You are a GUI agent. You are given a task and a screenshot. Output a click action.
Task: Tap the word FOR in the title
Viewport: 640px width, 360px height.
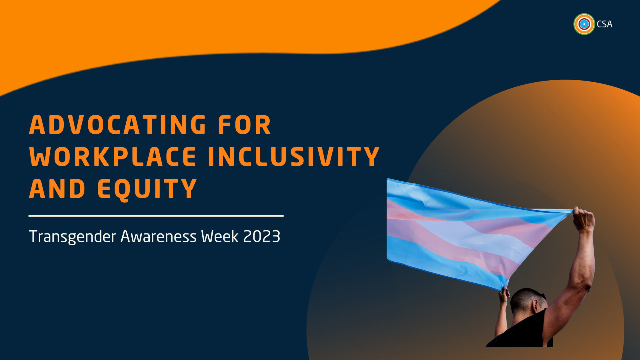click(244, 125)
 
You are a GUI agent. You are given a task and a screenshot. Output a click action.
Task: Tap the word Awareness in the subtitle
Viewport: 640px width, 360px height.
click(159, 237)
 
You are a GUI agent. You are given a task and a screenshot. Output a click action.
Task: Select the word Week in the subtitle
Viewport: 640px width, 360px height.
click(220, 237)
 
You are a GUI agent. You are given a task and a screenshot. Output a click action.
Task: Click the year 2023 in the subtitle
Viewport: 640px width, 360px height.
click(262, 237)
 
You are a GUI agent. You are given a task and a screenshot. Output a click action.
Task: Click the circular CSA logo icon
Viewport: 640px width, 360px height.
click(584, 24)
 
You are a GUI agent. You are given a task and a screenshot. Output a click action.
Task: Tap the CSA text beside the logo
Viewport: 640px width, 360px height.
click(605, 24)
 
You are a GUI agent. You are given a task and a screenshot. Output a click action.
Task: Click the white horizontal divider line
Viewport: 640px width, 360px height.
click(156, 216)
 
